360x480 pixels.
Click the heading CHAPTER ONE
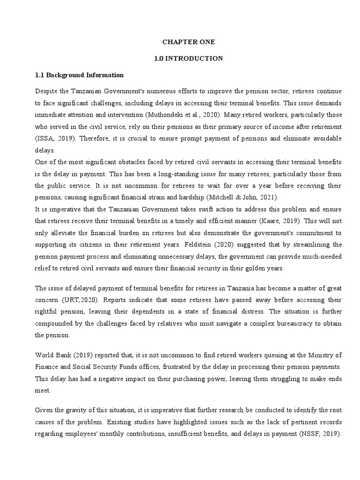point(188,42)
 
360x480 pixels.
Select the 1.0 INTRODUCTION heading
point(188,59)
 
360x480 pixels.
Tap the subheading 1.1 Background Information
point(80,75)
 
